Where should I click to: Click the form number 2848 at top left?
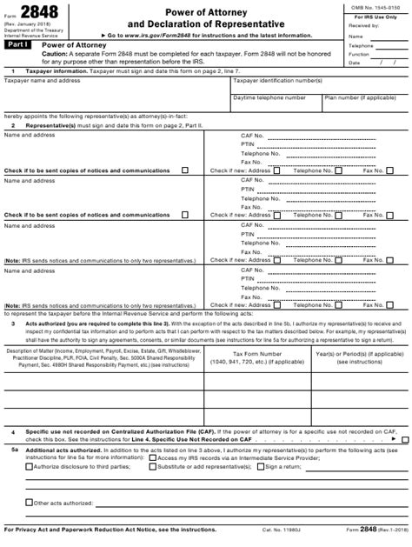[37, 10]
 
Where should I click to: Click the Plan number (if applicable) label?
[360, 97]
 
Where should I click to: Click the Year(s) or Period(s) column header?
[359, 355]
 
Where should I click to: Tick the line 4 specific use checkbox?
[404, 440]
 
